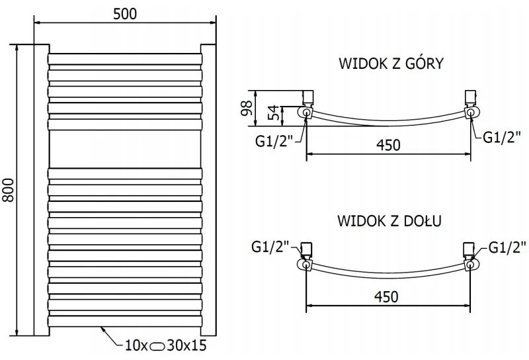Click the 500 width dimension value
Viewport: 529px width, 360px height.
(x=125, y=15)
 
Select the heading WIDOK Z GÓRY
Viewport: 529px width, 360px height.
(x=391, y=64)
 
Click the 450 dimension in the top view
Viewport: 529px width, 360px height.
(x=387, y=145)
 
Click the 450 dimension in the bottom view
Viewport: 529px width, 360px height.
(x=387, y=296)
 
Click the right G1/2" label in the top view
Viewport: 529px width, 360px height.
(x=503, y=138)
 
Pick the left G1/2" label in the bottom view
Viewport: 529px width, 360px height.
(x=270, y=247)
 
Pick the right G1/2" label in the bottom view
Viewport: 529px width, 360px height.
(x=508, y=247)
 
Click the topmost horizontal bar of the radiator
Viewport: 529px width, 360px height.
(x=124, y=60)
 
